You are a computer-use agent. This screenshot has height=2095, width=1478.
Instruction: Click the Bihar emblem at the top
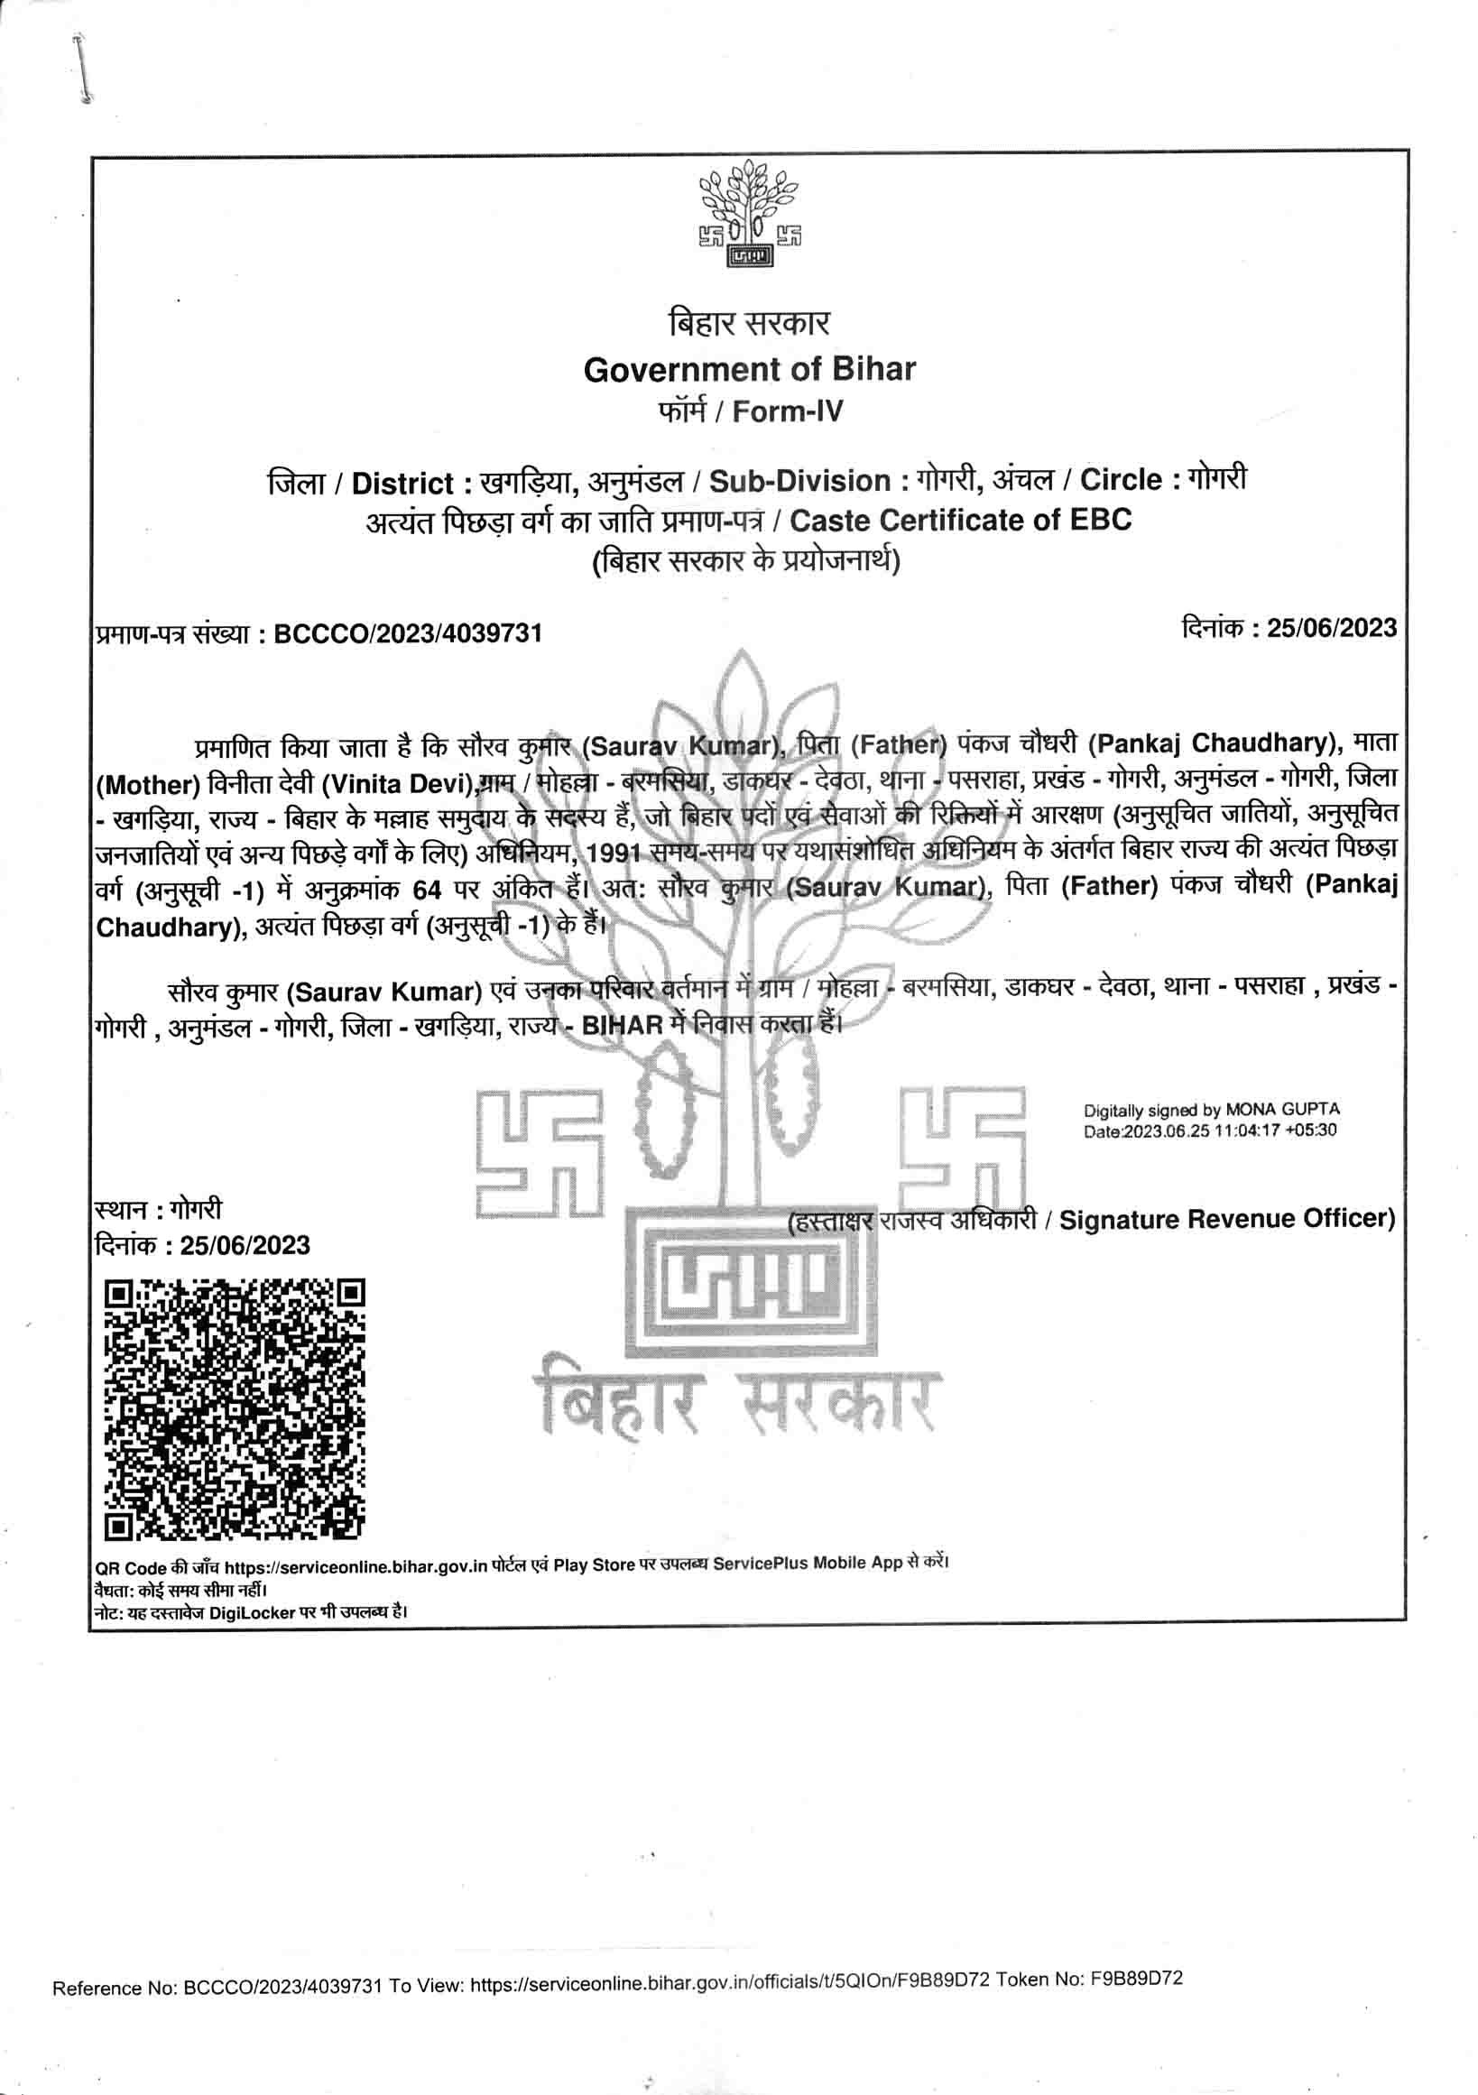tap(748, 215)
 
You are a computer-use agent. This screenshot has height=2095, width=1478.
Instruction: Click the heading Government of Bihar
tap(749, 370)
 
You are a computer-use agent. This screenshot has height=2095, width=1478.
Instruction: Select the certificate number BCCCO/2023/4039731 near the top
tap(408, 632)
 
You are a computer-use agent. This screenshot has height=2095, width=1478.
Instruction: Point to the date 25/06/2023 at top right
tap(1331, 628)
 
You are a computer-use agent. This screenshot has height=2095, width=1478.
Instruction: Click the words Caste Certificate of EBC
tap(960, 520)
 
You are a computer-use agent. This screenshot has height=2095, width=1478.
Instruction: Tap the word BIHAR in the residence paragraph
tap(622, 1024)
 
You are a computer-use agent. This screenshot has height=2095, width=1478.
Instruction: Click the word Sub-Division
tap(799, 481)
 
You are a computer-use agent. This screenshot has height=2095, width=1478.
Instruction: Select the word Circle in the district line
tap(1122, 480)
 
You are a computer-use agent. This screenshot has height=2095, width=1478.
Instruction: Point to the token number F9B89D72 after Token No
tap(1136, 1979)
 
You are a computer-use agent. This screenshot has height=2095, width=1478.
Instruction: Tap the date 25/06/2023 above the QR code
tap(245, 1245)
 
